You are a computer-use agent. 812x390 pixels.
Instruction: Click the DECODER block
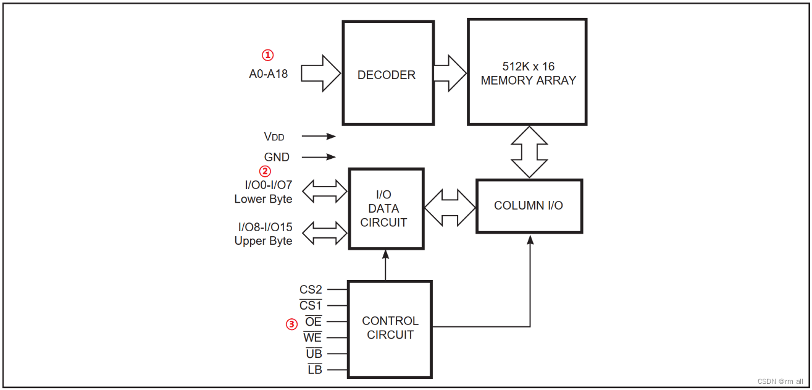coord(387,74)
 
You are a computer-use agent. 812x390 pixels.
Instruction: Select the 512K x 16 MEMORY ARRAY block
coord(527,72)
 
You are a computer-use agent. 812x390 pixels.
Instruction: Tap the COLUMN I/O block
coord(529,206)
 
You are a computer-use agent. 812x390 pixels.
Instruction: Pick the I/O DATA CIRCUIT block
coord(387,209)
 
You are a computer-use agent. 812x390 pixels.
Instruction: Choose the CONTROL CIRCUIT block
coord(390,328)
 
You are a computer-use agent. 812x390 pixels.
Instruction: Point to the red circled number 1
coord(267,55)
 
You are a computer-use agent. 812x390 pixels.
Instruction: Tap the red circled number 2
coord(265,171)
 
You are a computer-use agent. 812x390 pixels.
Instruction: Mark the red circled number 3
coord(291,323)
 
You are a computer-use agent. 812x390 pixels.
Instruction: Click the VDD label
coord(274,137)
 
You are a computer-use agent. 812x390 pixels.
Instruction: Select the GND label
coord(277,158)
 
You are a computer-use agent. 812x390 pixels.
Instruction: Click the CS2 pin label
coord(311,289)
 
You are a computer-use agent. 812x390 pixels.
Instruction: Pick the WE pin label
coord(312,337)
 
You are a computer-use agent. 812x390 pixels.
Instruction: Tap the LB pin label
coord(315,370)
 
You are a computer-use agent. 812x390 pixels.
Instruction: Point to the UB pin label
coord(314,354)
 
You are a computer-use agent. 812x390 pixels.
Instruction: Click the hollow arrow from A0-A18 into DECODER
coord(322,74)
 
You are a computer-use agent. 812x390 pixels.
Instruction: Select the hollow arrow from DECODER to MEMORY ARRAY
coord(450,74)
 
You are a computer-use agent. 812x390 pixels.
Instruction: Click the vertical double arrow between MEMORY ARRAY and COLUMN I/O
coord(529,152)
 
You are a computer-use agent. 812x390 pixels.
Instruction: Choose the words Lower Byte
coord(263,199)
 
